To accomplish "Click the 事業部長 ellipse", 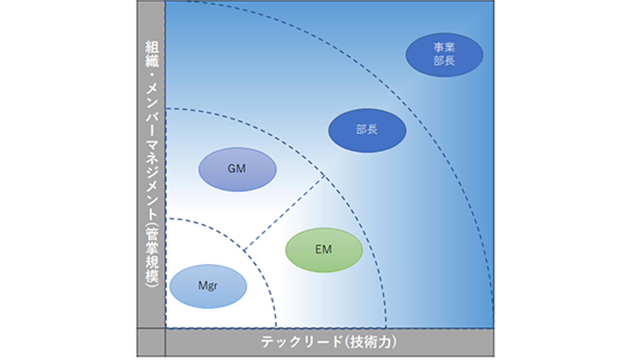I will coord(444,55).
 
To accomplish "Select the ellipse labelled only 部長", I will coord(367,130).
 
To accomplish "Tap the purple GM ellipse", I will coord(237,169).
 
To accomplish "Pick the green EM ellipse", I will coord(324,250).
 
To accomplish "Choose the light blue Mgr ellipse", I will coord(208,287).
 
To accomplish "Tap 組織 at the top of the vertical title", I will coord(152,53).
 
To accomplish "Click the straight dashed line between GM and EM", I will coord(284,213).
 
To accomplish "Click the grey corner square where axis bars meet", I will coord(151,342).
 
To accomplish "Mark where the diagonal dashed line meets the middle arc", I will coord(325,176).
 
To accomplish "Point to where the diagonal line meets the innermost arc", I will coord(244,251).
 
